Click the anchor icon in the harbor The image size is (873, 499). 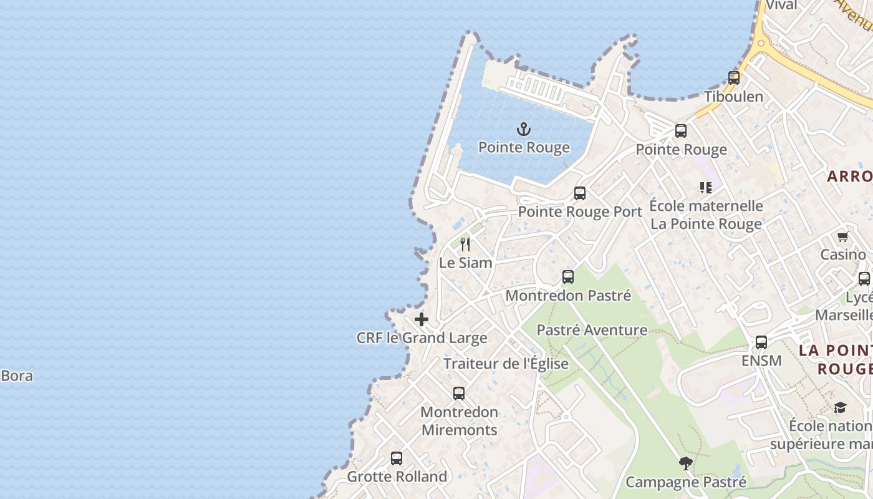524,130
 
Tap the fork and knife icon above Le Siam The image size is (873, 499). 465,244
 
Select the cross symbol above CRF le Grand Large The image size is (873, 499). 422,319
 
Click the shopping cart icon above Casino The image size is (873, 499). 843,237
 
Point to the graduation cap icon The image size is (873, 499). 840,408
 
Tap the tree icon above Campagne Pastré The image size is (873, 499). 686,463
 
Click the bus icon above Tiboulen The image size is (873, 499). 734,78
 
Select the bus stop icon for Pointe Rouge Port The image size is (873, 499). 580,193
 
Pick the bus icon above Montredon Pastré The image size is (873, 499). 568,277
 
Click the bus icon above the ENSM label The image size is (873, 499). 761,342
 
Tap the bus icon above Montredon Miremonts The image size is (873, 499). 459,394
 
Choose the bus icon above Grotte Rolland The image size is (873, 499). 397,458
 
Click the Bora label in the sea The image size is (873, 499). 17,376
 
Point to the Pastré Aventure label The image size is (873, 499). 592,330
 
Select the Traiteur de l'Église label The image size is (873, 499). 506,364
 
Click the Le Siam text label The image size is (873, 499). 466,263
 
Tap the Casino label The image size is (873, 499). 843,254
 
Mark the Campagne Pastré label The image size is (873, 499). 686,482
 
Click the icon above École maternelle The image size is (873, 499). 706,187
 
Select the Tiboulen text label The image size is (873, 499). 733,97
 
